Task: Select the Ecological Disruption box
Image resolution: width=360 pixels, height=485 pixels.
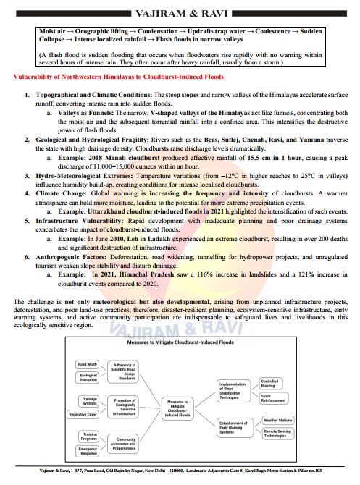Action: [x=88, y=378]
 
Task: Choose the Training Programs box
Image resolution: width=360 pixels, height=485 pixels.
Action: [x=88, y=436]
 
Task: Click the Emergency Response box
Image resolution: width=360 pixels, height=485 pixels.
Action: [x=88, y=450]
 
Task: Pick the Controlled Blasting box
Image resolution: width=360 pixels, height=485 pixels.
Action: [x=269, y=383]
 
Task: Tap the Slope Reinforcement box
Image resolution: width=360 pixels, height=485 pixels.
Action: [x=270, y=397]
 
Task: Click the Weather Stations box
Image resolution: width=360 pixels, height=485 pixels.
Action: [x=278, y=420]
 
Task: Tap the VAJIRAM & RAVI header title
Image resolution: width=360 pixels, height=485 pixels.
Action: [x=180, y=13]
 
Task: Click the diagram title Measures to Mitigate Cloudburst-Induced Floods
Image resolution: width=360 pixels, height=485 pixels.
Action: [x=180, y=342]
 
